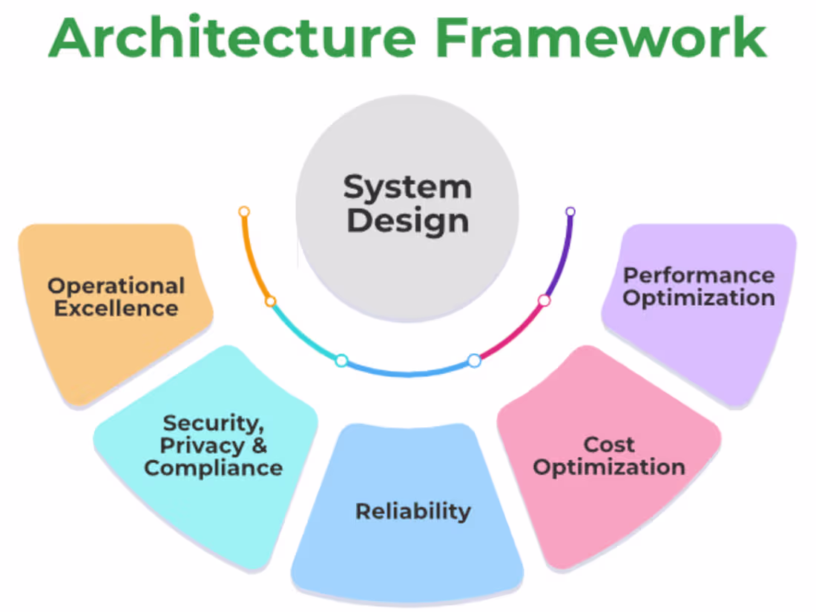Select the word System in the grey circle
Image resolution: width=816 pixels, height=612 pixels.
point(407,187)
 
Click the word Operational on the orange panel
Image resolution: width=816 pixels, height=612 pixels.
point(116,286)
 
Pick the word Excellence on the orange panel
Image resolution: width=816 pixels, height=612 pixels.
point(116,308)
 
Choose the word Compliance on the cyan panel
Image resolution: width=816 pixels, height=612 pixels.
point(213,468)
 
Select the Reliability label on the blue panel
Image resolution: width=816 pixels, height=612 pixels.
point(412,511)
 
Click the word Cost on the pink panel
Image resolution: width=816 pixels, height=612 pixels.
point(609,444)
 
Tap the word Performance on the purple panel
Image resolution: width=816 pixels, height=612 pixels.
point(699,275)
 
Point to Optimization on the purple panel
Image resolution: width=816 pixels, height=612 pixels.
point(699,298)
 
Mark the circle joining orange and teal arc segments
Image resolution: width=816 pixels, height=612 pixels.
point(271,301)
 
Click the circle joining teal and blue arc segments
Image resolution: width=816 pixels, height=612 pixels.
point(341,361)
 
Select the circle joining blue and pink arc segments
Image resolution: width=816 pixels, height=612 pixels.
point(474,361)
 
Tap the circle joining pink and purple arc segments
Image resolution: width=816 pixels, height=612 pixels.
point(544,300)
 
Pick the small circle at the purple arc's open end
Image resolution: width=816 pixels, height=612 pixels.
point(570,211)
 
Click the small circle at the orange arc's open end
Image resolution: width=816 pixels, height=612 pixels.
point(244,211)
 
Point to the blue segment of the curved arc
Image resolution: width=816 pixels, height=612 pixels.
point(408,371)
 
